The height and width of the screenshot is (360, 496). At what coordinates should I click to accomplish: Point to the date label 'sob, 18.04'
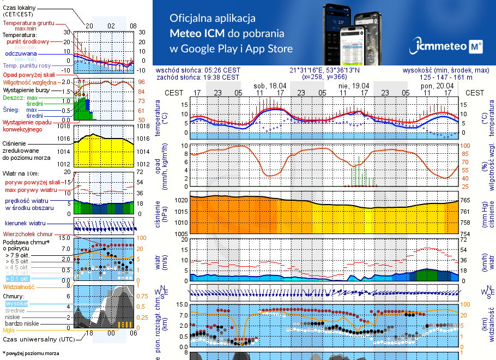click(x=270, y=86)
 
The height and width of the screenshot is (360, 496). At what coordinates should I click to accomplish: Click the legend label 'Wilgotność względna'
click(x=27, y=82)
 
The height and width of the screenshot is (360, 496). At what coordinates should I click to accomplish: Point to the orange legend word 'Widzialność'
click(x=19, y=286)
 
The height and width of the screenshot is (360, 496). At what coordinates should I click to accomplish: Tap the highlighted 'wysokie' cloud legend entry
click(x=16, y=303)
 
